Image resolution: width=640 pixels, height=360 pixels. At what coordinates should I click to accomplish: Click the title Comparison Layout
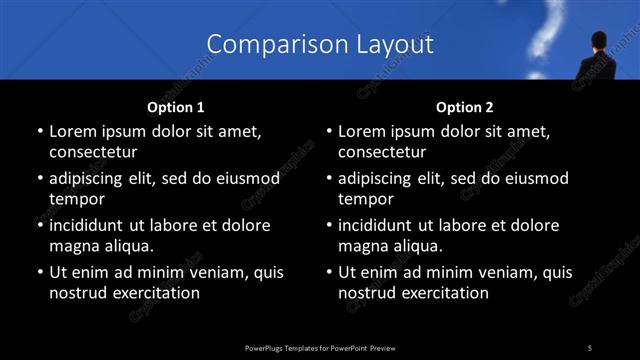pos(320,44)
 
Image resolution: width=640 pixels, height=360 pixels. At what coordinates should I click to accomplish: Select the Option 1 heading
pos(176,107)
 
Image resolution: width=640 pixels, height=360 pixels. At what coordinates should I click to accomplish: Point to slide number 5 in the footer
pos(589,347)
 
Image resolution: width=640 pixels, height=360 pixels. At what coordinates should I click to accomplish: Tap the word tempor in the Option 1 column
pos(77,200)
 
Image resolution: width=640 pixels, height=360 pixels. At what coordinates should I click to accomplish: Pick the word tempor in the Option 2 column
pos(366,200)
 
